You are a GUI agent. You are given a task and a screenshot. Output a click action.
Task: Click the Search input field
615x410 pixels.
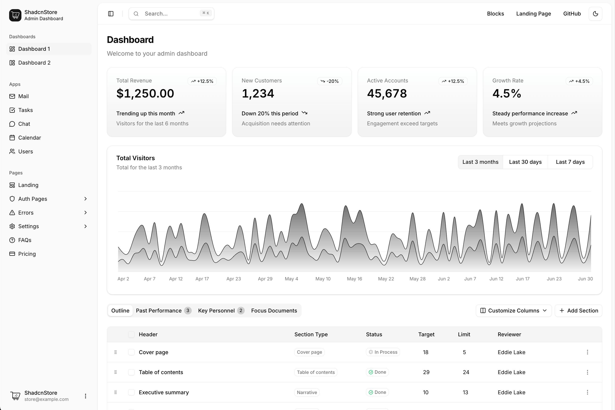(171, 14)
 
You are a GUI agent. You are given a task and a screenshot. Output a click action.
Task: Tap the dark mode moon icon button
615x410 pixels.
(595, 14)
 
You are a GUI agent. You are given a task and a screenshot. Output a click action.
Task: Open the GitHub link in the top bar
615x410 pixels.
(572, 14)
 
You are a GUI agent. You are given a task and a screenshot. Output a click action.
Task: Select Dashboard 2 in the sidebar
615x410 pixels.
(34, 63)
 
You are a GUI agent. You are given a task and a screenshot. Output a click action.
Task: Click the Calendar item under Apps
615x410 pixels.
(29, 138)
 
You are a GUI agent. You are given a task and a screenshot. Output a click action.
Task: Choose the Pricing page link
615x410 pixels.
(27, 254)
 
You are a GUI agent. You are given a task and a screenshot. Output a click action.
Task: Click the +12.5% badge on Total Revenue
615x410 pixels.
(202, 81)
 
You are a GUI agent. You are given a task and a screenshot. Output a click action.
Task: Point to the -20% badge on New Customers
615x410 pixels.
(330, 81)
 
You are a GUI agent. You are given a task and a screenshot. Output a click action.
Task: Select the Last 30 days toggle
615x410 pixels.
(525, 162)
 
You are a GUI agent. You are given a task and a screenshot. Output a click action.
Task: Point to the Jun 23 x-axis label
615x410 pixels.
(554, 279)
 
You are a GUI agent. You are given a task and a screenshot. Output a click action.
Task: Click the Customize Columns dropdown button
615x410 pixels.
(513, 311)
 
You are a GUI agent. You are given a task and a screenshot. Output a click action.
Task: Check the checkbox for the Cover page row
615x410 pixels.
(131, 352)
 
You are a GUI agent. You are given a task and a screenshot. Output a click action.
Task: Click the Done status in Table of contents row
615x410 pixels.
(377, 372)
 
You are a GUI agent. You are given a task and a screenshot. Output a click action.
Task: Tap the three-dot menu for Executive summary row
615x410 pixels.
(587, 392)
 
